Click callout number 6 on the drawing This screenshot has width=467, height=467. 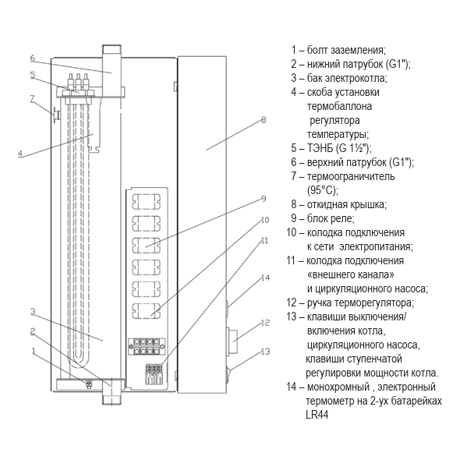click(33, 58)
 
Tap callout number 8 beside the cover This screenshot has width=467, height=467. click(264, 120)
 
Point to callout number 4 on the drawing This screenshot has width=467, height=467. click(20, 154)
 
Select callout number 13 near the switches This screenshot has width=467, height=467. click(265, 352)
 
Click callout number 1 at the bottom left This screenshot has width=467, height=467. click(34, 351)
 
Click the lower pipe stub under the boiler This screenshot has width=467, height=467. click(112, 391)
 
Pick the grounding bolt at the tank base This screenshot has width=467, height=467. click(88, 384)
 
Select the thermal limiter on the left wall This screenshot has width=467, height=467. click(56, 115)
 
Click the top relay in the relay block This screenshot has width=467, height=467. click(146, 202)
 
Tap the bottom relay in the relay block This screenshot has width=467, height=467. click(146, 310)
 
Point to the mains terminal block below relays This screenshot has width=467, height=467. click(147, 346)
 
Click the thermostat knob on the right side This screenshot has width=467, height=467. click(232, 341)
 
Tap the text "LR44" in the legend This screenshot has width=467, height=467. click(317, 415)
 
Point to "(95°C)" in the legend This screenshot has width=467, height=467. click(323, 190)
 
